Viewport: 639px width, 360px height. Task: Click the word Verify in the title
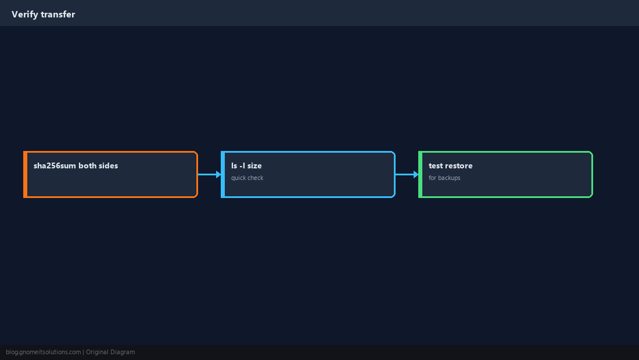[24, 15]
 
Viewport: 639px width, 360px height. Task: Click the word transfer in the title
[58, 15]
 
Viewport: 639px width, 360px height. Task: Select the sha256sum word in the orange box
[55, 165]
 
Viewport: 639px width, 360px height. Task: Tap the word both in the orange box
[87, 165]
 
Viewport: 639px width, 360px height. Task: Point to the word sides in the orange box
[109, 165]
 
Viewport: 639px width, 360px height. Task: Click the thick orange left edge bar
[25, 174]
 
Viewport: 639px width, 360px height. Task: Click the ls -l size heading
[246, 165]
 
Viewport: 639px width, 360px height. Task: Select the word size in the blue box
[254, 165]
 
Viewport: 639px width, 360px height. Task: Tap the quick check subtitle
[247, 178]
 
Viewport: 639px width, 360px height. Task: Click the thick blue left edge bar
[223, 174]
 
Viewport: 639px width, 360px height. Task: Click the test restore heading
[451, 165]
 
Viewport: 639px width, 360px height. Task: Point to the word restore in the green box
[458, 165]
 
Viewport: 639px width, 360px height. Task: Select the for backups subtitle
[444, 178]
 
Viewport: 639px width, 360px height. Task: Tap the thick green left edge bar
[421, 174]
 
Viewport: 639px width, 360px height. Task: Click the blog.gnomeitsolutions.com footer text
[43, 352]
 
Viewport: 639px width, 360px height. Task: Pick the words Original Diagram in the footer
[110, 352]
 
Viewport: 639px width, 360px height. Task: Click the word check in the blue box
[256, 178]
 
